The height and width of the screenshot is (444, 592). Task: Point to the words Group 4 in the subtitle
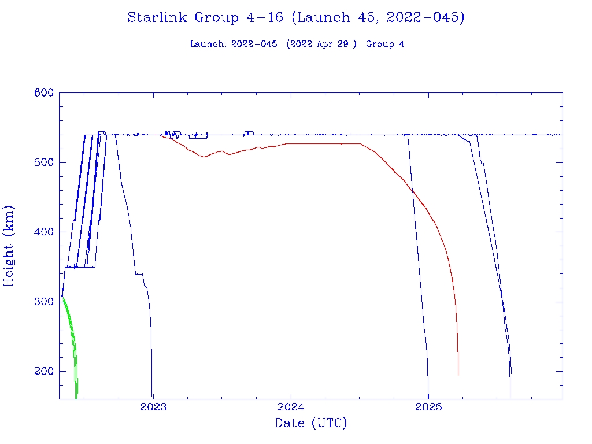[385, 45]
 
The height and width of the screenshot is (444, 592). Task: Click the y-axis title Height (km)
[9, 246]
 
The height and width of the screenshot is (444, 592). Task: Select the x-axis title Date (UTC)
[311, 424]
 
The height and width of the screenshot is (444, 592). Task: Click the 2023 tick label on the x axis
[154, 407]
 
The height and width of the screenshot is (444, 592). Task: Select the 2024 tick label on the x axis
[291, 407]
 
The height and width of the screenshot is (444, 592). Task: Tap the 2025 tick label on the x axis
[428, 407]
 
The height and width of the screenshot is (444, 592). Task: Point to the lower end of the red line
[458, 374]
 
